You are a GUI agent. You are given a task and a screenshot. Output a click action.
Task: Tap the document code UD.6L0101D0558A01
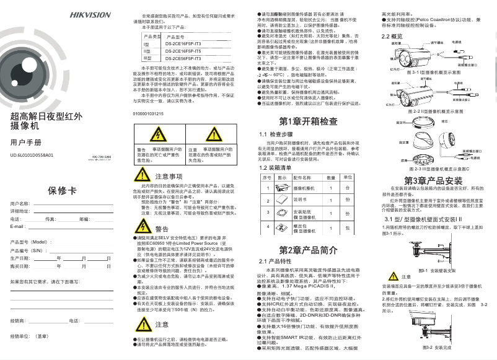coord(36,156)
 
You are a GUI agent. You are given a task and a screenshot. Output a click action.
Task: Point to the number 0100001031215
coord(148,114)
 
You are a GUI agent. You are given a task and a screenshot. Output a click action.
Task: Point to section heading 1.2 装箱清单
coord(275,167)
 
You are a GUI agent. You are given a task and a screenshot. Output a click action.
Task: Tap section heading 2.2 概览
coord(392,37)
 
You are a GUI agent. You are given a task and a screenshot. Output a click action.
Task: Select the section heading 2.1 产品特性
coord(275,261)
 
